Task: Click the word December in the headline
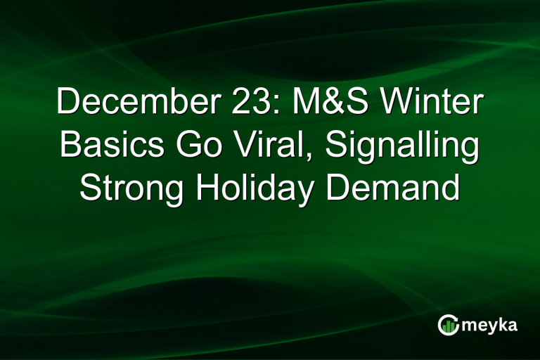coord(129,104)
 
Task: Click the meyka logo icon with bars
coord(449,324)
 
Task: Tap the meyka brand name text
coord(489,325)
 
